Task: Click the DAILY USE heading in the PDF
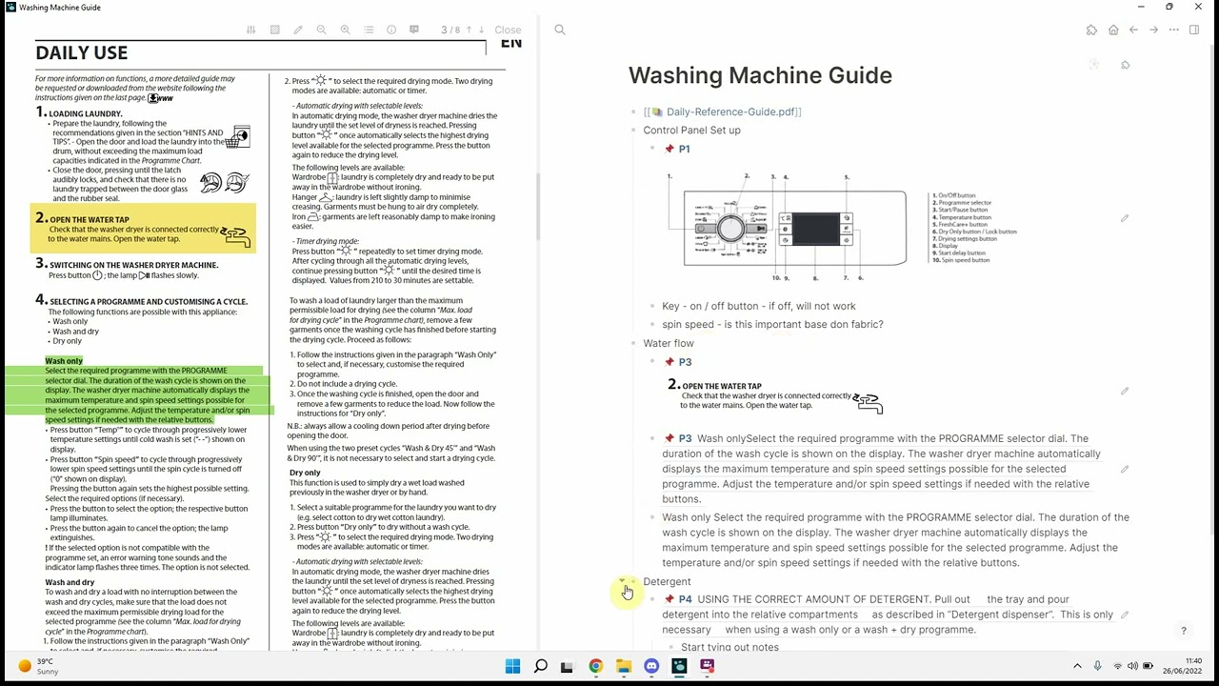coord(81,53)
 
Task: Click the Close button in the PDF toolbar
coord(508,30)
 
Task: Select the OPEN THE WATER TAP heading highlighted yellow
coord(90,219)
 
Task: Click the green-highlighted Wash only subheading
coord(64,361)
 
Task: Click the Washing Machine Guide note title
coord(760,75)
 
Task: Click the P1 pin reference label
coord(684,149)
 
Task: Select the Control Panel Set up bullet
coord(691,130)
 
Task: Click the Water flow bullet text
coord(669,343)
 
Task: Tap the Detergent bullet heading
coord(667,581)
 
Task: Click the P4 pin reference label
coord(685,599)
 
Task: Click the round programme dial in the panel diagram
coord(730,229)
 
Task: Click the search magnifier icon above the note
coord(560,30)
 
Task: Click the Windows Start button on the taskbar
coord(512,666)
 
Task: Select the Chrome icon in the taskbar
coord(595,666)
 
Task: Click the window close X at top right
coord(1197,8)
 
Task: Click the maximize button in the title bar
coord(1169,8)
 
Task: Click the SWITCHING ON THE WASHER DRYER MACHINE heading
coord(133,265)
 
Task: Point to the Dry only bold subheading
coord(305,473)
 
